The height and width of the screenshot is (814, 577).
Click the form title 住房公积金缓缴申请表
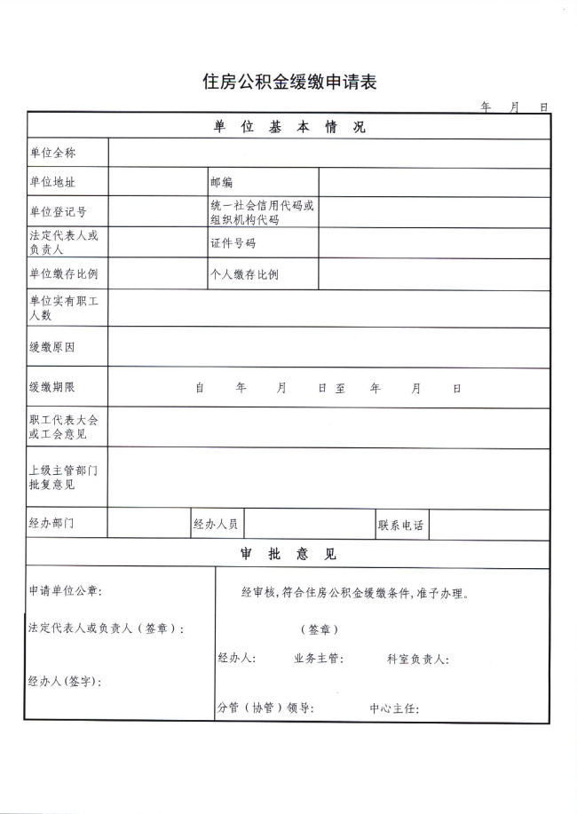click(290, 83)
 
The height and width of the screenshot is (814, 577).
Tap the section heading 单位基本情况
click(288, 127)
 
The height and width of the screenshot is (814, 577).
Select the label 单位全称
click(52, 154)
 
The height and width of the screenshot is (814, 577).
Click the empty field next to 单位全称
click(328, 153)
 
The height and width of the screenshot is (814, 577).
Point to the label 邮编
click(221, 182)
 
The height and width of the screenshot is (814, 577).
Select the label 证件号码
click(233, 243)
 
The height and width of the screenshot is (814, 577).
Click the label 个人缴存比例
click(243, 274)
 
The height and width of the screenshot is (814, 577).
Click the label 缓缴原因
click(51, 347)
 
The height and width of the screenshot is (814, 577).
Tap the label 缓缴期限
click(51, 388)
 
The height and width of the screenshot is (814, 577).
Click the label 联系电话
click(400, 525)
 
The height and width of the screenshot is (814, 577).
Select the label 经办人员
click(216, 525)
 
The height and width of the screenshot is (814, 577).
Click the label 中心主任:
click(394, 709)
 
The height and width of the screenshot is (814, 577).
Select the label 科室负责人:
click(417, 660)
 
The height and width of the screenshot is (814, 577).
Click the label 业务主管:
click(318, 660)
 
